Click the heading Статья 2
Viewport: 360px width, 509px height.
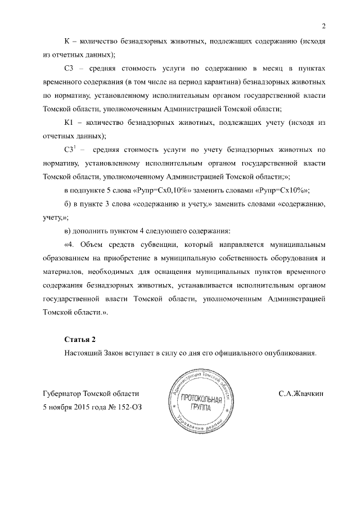(x=81, y=340)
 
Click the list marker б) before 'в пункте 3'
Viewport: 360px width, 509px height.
(x=70, y=204)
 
